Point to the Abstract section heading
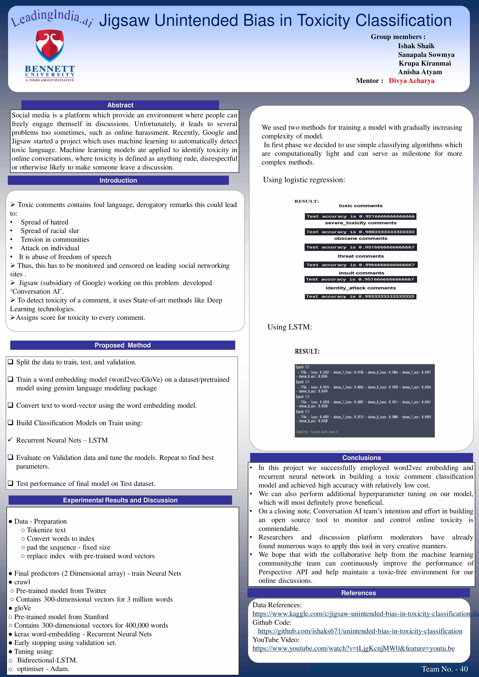120,105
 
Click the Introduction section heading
118,180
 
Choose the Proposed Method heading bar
122,345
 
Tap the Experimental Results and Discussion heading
120,500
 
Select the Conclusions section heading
361,457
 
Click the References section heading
358,593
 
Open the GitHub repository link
360,631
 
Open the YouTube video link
353,648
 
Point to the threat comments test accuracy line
360,265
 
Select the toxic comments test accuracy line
360,216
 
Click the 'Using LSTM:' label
289,327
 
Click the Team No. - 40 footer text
445,669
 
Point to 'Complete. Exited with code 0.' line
317,432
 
